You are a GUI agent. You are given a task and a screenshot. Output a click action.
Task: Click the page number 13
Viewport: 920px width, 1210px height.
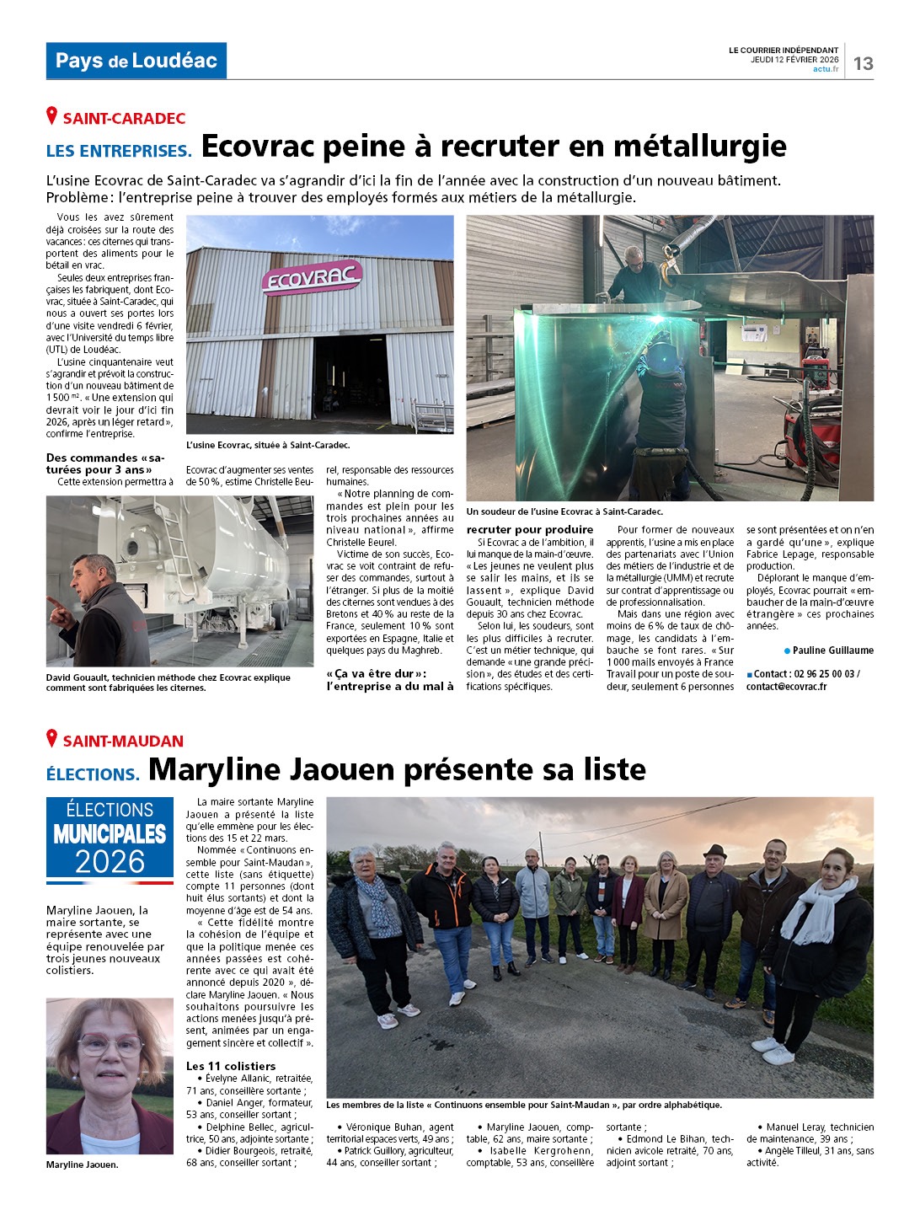(863, 63)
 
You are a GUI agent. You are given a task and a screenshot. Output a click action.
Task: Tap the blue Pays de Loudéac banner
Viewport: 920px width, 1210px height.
(136, 61)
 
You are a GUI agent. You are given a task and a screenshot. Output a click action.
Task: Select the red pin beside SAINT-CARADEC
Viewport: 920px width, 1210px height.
(52, 116)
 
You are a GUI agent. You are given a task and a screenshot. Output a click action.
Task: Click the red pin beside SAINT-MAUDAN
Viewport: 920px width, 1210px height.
(52, 739)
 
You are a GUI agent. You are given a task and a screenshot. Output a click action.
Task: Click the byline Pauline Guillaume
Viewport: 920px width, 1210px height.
(832, 651)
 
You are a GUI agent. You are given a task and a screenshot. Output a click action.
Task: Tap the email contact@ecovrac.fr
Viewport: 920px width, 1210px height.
(786, 687)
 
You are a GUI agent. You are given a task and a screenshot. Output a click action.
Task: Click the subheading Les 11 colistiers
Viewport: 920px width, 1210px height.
(231, 1066)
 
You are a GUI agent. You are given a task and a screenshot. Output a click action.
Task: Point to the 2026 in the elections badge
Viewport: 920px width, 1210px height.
(110, 861)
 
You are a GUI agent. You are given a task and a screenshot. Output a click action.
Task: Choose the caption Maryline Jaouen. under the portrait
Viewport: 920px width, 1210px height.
(83, 1164)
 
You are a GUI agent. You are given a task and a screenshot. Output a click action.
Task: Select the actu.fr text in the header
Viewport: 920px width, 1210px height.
(826, 69)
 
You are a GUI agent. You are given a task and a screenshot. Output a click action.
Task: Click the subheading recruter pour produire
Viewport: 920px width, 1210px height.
(530, 530)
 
